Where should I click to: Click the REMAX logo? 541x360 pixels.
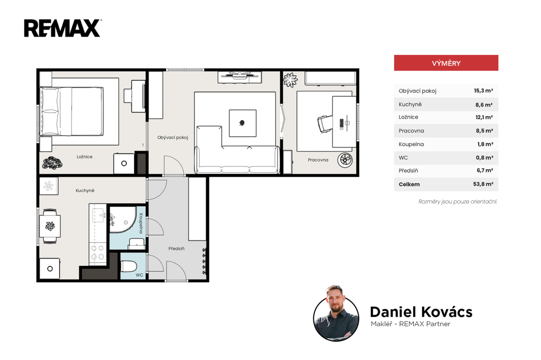(62, 28)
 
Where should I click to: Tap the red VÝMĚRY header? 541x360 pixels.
(446, 63)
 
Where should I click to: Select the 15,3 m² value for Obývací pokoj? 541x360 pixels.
(483, 91)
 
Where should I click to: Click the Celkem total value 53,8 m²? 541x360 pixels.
(483, 184)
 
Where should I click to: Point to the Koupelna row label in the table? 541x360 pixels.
(411, 144)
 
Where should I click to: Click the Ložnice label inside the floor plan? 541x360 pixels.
(85, 156)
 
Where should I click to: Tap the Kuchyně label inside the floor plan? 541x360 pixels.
(85, 190)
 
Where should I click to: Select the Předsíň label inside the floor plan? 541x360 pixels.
(176, 248)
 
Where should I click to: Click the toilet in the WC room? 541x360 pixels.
(129, 266)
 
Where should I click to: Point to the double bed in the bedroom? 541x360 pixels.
(71, 111)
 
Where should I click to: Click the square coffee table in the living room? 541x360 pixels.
(242, 123)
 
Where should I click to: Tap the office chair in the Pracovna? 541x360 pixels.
(325, 124)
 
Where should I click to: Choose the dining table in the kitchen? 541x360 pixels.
(50, 226)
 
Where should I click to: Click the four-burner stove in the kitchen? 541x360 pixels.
(97, 252)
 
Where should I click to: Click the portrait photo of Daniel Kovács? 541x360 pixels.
(336, 313)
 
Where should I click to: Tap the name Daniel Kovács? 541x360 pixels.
(421, 312)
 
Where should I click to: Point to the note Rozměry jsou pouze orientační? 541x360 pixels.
(458, 201)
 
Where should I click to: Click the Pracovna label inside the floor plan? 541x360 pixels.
(318, 160)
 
